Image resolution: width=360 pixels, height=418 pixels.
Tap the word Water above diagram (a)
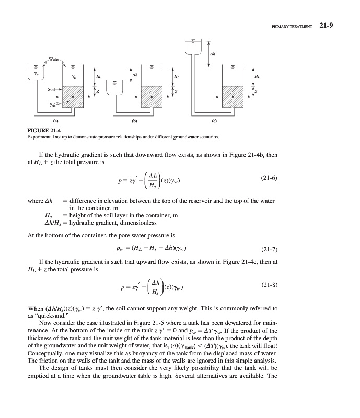click(54, 57)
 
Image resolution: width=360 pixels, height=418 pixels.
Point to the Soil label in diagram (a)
click(51, 90)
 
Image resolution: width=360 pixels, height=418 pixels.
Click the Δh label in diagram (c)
click(213, 54)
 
